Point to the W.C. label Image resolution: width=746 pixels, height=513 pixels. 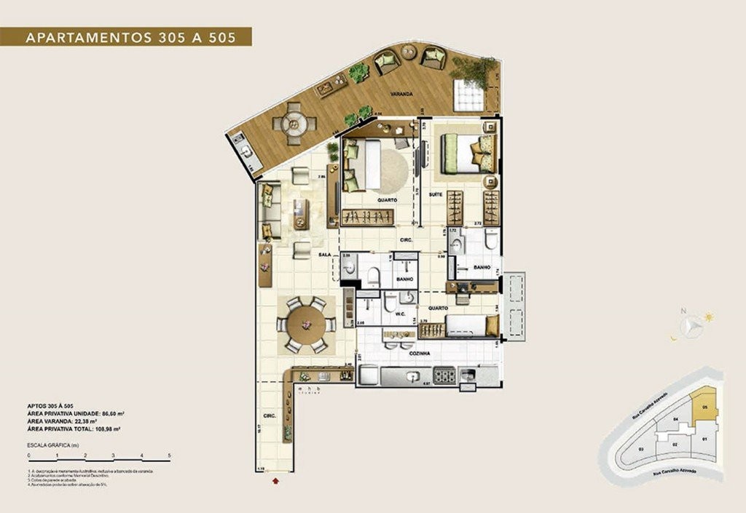399,315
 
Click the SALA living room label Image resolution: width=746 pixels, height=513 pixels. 325,255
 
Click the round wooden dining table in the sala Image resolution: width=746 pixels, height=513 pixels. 305,324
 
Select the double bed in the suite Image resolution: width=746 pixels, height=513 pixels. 467,154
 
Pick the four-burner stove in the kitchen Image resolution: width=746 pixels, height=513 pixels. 444,376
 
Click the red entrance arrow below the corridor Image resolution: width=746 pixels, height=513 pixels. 275,480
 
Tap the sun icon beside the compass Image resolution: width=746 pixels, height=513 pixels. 709,317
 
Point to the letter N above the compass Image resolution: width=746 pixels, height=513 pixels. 683,311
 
